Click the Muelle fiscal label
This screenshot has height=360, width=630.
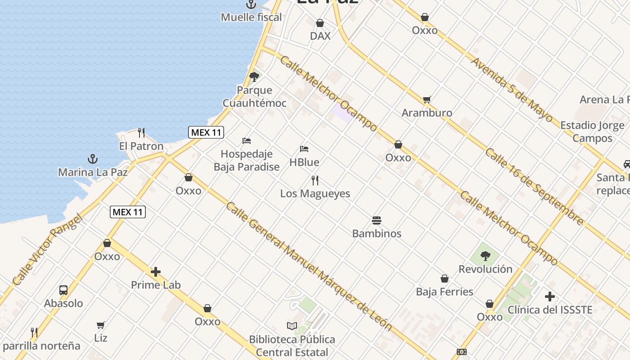point(251,18)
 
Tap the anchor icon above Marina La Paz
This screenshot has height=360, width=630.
point(92,159)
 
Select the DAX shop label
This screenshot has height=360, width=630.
point(320,36)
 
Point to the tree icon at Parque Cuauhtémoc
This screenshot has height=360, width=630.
point(254,77)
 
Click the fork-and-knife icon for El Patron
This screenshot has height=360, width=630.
point(141,132)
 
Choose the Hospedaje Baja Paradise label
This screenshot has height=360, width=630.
point(247,161)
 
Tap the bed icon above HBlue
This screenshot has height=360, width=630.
point(304,149)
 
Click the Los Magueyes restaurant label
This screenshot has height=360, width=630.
point(315,193)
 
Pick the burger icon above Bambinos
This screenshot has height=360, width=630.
point(377,220)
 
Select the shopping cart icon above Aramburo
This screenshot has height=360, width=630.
point(427,99)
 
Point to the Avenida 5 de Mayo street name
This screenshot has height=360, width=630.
point(512,90)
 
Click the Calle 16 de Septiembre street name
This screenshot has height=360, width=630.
point(534,186)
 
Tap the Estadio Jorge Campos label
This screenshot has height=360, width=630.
point(592,132)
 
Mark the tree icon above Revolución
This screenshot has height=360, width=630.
point(485,256)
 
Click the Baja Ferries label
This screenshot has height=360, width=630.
point(445,292)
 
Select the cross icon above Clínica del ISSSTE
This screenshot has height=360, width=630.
point(549,297)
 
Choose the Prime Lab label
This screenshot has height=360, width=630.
point(156,285)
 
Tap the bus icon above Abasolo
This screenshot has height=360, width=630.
point(63,290)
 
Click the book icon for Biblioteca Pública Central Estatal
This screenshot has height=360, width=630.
point(292,326)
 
